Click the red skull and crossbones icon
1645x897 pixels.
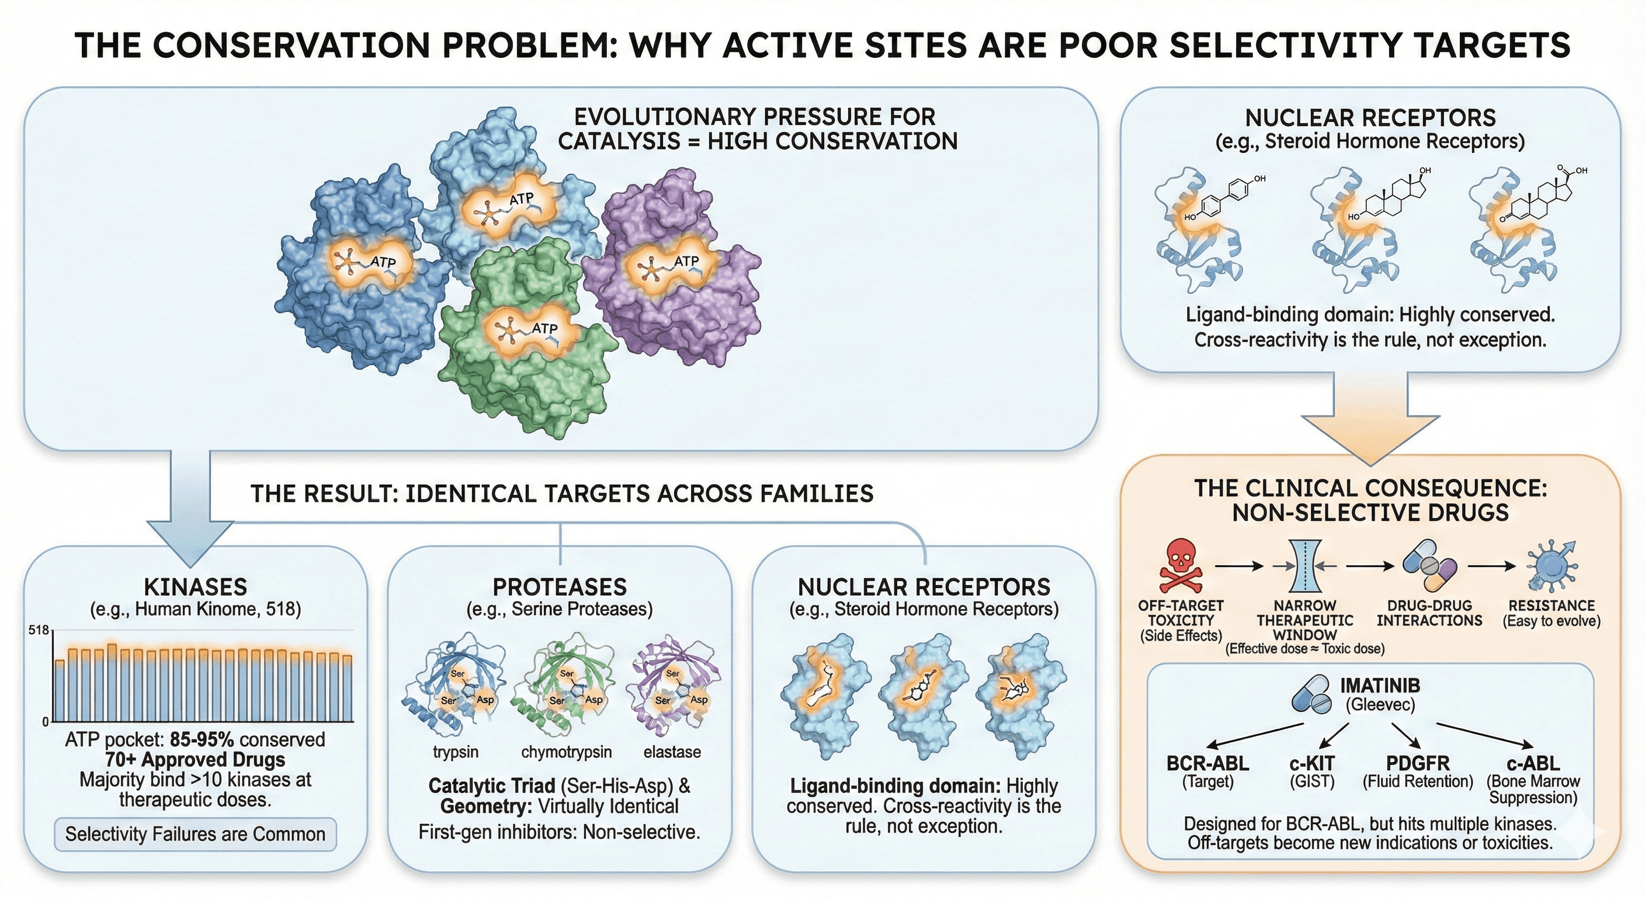tap(1181, 567)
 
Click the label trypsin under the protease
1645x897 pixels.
tap(455, 752)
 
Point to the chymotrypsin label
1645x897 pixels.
tap(567, 752)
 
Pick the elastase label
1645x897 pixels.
tap(672, 752)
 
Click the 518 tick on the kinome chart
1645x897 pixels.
tap(39, 631)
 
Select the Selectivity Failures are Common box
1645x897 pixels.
tap(196, 834)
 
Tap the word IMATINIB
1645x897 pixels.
tap(1380, 686)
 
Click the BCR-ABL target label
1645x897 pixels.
tap(1207, 764)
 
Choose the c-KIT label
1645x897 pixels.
tap(1311, 764)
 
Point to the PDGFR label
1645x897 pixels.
tap(1418, 764)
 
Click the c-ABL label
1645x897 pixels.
tap(1533, 764)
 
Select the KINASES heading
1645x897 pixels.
tap(196, 587)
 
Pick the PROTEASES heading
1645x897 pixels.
tap(560, 587)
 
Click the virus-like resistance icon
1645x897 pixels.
tap(1552, 566)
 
